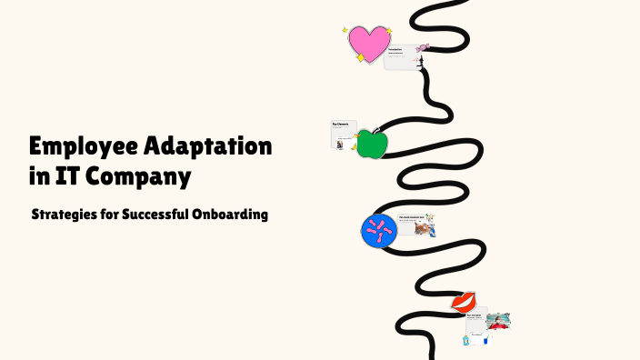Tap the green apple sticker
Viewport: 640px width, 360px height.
point(370,145)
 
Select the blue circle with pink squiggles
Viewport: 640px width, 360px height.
point(378,231)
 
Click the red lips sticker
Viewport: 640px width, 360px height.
point(464,301)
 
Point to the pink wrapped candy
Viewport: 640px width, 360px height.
point(423,47)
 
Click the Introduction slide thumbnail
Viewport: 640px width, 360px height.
point(401,55)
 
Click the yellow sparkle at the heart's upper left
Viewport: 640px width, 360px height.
point(345,30)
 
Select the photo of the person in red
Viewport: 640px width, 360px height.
point(498,321)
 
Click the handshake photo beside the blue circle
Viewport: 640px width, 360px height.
point(424,228)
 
